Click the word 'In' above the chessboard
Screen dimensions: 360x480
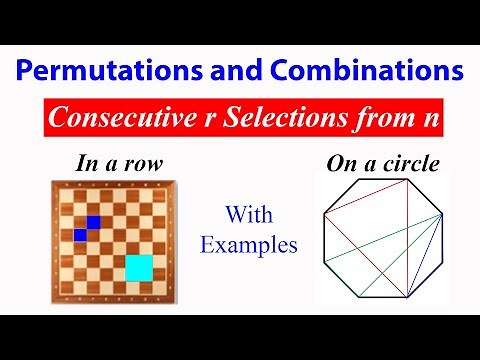[x=87, y=164]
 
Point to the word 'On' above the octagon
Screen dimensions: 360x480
[x=340, y=164]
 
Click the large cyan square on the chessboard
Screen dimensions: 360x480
[x=139, y=268]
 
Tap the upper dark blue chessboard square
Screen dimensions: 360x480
[x=93, y=222]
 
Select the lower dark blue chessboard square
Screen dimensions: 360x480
[x=81, y=234]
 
